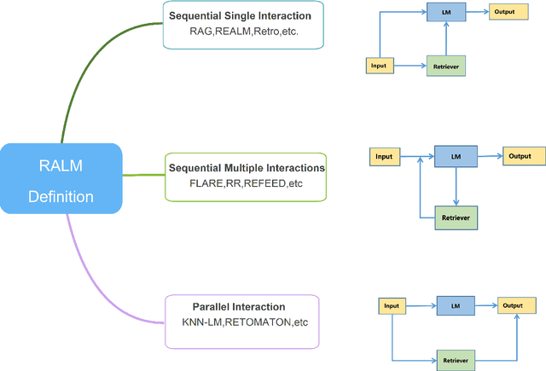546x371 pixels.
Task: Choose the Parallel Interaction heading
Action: click(239, 306)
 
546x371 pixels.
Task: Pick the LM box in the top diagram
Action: click(446, 14)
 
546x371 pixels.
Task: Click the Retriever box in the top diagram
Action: click(446, 66)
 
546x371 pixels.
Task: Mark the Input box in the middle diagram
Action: click(385, 156)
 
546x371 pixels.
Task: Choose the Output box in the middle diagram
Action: click(520, 156)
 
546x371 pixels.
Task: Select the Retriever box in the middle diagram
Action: click(456, 217)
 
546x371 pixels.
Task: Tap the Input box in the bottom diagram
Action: click(392, 304)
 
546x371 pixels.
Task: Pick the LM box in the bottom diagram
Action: click(456, 304)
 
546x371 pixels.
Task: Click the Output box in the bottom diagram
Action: click(513, 304)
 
